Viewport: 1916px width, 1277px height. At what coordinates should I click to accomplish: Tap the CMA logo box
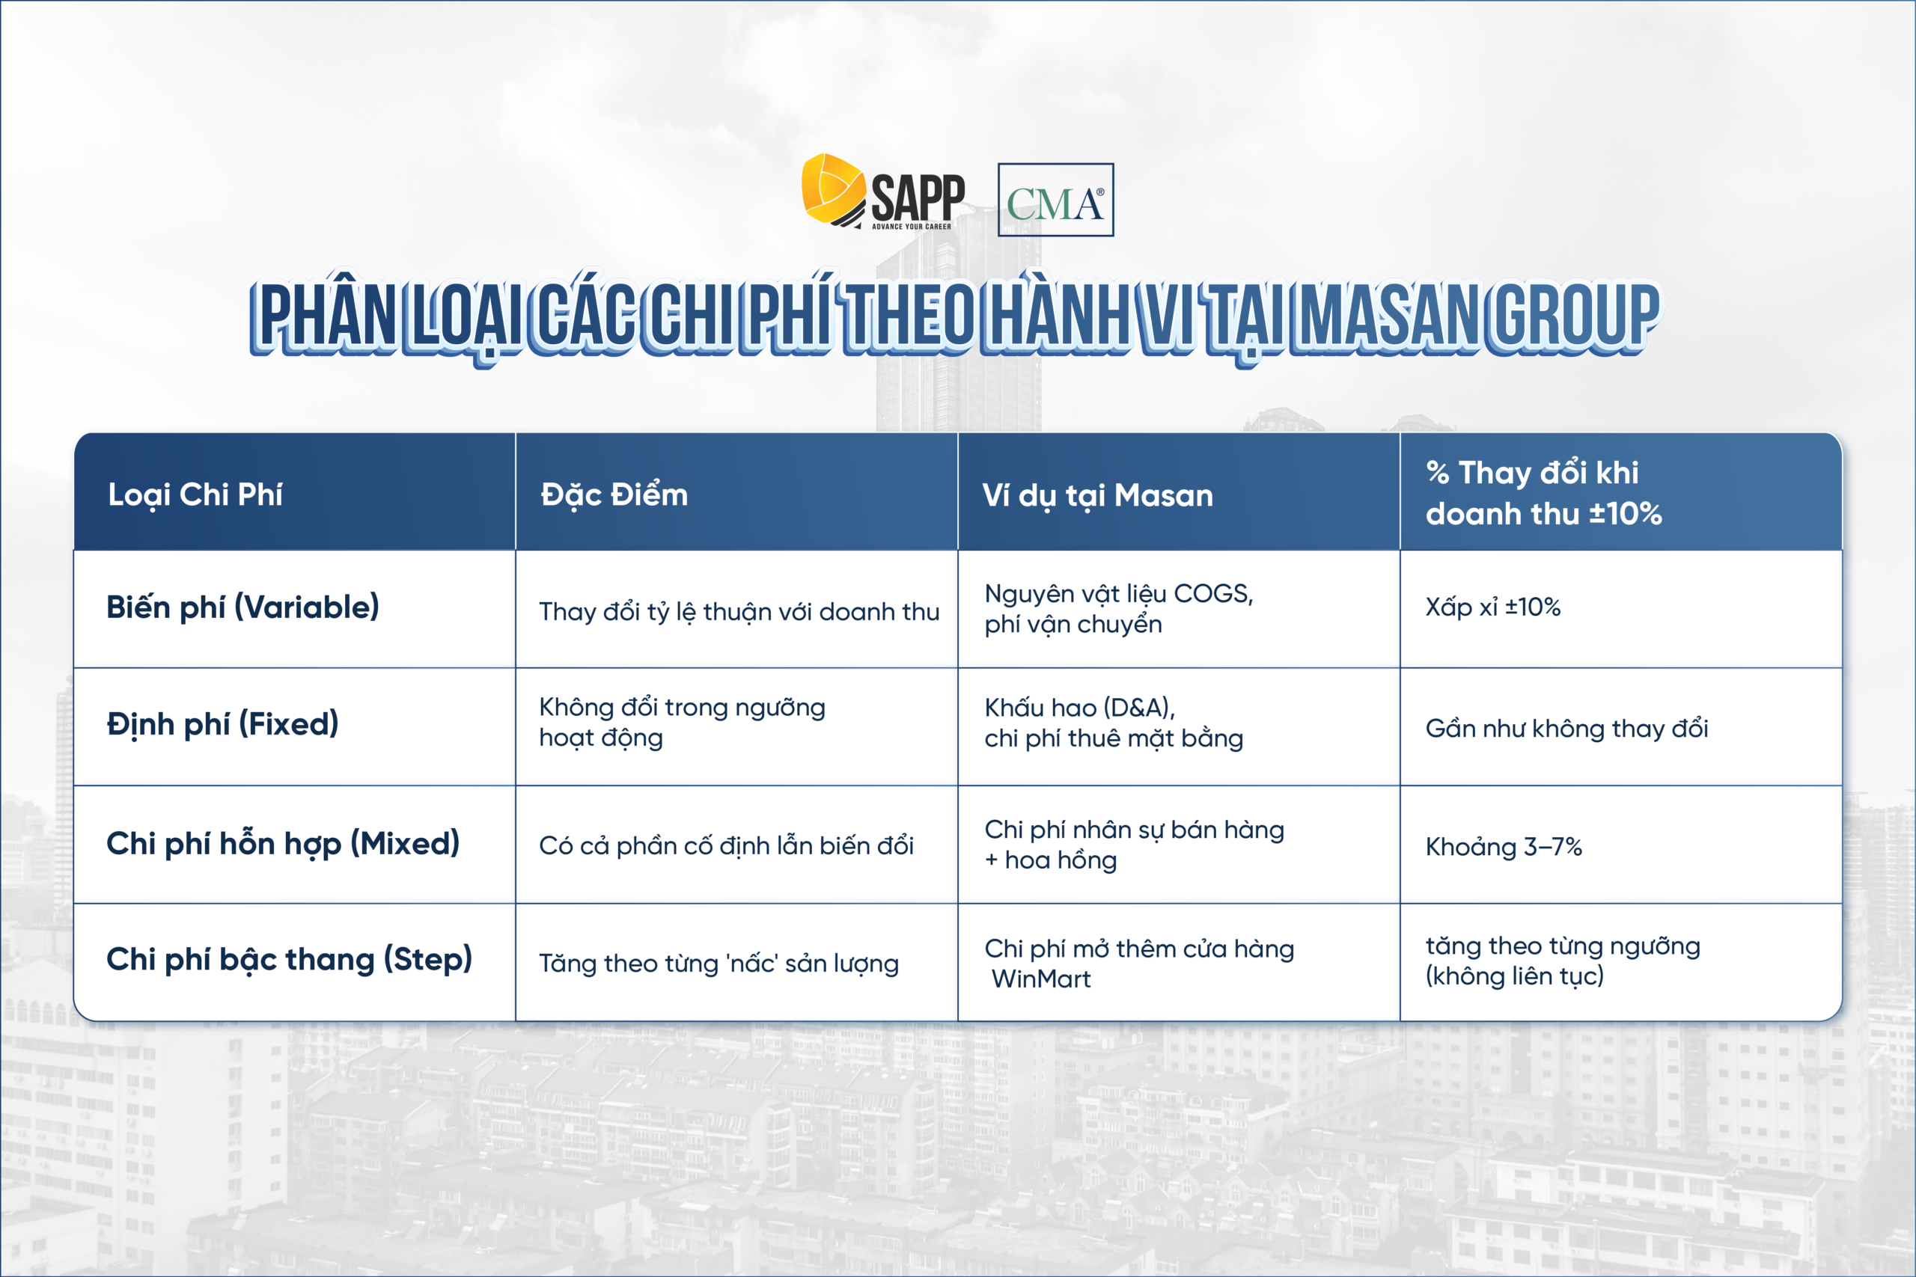point(1055,200)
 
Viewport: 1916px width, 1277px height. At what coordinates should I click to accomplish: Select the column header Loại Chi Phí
point(195,494)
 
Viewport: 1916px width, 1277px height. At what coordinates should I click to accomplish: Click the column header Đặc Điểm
point(614,494)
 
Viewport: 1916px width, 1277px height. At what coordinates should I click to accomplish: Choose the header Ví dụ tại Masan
point(1097,495)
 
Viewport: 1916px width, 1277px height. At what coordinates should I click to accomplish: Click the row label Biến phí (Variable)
point(242,607)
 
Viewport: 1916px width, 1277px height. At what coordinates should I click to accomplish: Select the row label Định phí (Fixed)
point(222,724)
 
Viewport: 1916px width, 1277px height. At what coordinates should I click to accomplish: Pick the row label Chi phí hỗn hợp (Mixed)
point(283,843)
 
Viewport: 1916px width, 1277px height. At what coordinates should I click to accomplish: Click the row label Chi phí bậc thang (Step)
point(289,959)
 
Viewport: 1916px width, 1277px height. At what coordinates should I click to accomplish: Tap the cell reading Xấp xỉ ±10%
point(1492,607)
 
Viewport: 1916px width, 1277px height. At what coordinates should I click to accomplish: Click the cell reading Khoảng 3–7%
point(1503,847)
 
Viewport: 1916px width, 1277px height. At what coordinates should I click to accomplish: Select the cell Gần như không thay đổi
point(1566,728)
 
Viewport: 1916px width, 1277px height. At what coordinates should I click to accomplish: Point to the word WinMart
point(1040,979)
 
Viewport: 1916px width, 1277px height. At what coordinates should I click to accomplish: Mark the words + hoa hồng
point(1050,861)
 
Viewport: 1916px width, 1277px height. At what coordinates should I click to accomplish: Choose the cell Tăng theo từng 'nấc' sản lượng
point(718,964)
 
